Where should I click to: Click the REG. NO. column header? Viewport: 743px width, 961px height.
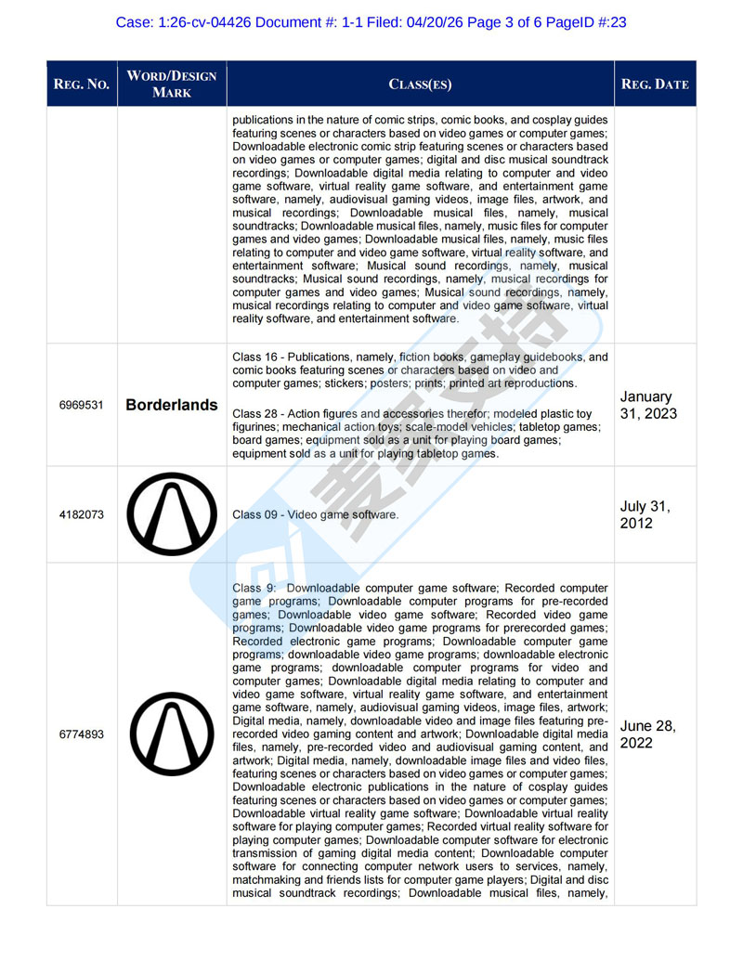pos(82,84)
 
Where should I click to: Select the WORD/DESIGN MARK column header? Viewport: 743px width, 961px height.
pos(172,84)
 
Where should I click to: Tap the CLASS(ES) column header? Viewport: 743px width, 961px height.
pos(420,84)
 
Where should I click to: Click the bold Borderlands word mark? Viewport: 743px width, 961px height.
pos(172,406)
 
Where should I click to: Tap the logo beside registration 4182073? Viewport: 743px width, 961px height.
pos(172,514)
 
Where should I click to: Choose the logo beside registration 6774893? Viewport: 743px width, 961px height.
pos(172,734)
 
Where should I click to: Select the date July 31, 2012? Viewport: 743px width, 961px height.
pos(646,514)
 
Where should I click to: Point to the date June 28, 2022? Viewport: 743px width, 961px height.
pos(649,734)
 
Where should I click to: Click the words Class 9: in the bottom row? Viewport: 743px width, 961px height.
pos(253,588)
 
